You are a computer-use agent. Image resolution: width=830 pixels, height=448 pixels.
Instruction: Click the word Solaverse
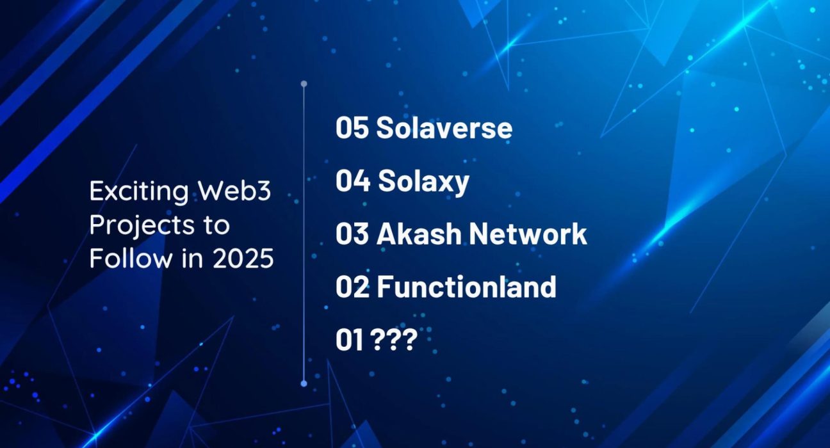click(444, 127)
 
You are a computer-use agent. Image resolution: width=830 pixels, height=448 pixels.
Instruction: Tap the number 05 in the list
click(352, 128)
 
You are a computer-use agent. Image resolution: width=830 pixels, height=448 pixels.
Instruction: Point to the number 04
click(353, 180)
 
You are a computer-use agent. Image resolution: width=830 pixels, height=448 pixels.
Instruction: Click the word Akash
click(419, 234)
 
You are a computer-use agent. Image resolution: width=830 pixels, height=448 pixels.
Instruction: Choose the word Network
click(528, 234)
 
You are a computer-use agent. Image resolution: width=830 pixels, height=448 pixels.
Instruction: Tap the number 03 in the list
click(352, 234)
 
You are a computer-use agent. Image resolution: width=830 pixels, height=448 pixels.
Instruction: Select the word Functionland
click(466, 286)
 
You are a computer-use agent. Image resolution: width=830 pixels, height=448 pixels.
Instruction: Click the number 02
click(352, 287)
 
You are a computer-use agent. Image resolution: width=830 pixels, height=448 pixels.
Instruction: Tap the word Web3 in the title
click(234, 191)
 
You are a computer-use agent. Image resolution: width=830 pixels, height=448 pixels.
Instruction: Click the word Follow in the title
click(131, 258)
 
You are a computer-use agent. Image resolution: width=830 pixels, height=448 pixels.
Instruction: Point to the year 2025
click(243, 259)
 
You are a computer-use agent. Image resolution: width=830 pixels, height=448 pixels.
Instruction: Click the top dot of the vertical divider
click(304, 84)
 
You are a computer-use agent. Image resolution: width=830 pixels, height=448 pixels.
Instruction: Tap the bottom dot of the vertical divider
click(304, 383)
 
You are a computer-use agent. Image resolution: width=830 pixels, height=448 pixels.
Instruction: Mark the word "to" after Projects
click(216, 225)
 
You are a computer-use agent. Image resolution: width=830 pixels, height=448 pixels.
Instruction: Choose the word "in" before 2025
click(192, 258)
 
